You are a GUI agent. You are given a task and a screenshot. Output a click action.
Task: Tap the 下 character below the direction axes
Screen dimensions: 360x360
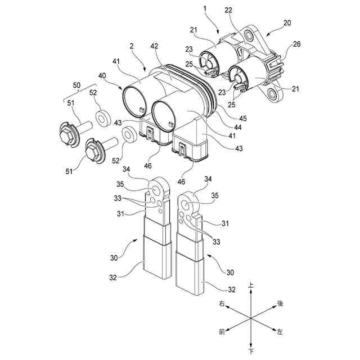coord(251,352)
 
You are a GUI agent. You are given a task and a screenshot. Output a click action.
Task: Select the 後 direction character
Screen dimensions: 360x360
coord(280,304)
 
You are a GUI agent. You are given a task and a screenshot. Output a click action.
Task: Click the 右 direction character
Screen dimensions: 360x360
coord(222,304)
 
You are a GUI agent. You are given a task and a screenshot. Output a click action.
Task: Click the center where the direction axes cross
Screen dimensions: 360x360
coord(251,318)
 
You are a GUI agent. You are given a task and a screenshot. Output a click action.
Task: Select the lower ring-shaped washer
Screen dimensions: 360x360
coord(128,134)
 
